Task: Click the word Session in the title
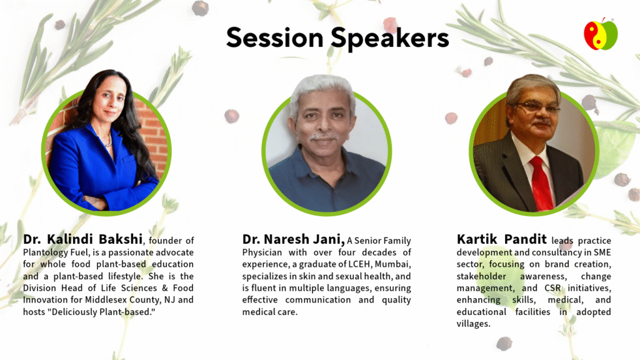275,37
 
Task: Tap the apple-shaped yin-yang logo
601,34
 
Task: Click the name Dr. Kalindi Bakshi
83,239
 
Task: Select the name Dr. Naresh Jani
294,239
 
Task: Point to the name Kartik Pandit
502,239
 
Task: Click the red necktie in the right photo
541,183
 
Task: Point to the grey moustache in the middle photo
324,137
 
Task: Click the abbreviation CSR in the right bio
552,288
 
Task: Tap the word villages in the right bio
474,324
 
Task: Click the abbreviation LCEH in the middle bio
359,264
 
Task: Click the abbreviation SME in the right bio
602,252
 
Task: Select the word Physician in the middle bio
262,252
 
